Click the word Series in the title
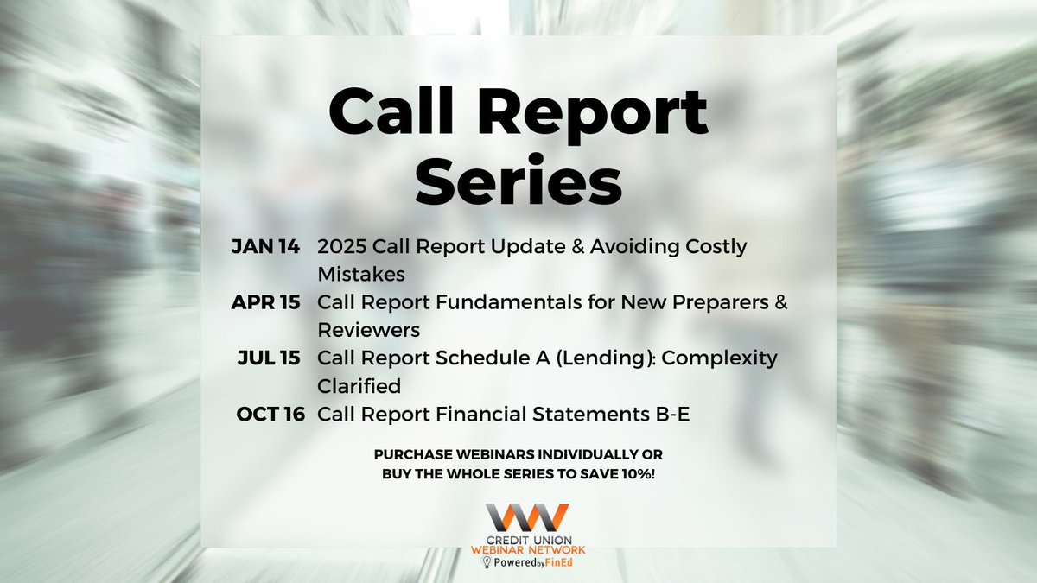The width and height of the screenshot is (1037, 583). pos(518,182)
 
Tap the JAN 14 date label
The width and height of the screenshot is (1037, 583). pos(265,247)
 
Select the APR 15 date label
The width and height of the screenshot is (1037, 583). pos(265,303)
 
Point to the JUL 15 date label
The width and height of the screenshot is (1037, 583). pos(270,358)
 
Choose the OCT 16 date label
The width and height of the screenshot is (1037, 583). pos(270,415)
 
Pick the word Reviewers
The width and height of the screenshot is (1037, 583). pos(367,331)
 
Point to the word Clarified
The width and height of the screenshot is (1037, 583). pos(361,386)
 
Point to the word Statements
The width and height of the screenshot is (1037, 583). pos(588,415)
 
